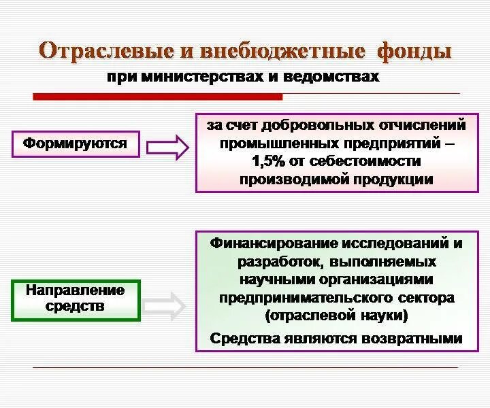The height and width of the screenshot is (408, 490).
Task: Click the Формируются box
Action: click(76, 143)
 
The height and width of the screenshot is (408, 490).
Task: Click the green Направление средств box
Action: click(76, 299)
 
